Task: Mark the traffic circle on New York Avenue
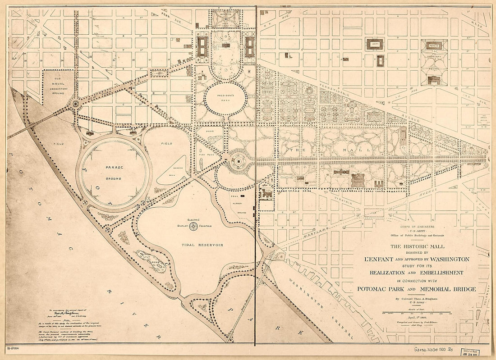(x=74, y=104)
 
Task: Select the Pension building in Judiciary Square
(x=434, y=45)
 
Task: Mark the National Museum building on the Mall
(x=358, y=180)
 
